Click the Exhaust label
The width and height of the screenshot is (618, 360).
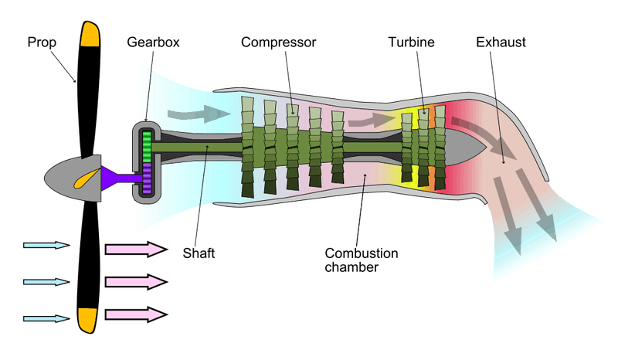[501, 41]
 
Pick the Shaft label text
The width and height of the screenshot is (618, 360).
[197, 253]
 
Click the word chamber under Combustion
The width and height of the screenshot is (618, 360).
[351, 267]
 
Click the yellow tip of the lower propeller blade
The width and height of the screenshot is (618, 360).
[87, 318]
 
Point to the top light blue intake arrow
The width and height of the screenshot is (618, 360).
[46, 246]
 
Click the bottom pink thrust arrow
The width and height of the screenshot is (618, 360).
[136, 314]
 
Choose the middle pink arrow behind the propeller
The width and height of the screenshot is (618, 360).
[136, 280]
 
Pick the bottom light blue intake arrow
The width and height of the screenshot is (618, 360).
[46, 318]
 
